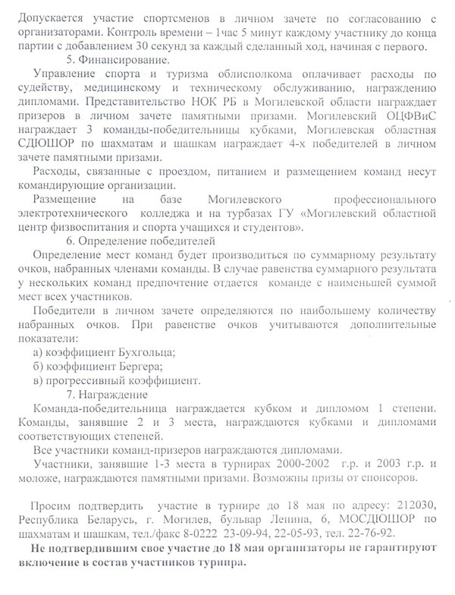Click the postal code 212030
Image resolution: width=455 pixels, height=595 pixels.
[x=416, y=505]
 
